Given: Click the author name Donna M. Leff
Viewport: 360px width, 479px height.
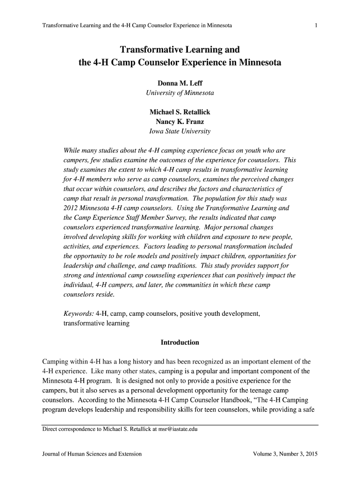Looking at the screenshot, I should pyautogui.click(x=180, y=83).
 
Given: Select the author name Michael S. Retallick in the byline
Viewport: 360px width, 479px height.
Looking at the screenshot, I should pyautogui.click(x=180, y=112).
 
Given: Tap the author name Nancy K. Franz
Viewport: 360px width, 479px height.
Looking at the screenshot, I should pyautogui.click(x=180, y=122).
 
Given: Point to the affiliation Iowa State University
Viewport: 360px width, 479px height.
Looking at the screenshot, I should pyautogui.click(x=180, y=131).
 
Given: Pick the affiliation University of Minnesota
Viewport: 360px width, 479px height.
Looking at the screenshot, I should pyautogui.click(x=180, y=93).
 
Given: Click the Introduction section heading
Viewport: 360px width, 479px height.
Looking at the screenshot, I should pyautogui.click(x=180, y=342).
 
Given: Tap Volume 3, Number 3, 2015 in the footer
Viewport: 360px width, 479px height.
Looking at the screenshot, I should pyautogui.click(x=285, y=454).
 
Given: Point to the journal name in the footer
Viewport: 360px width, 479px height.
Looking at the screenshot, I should pyautogui.click(x=92, y=454).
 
